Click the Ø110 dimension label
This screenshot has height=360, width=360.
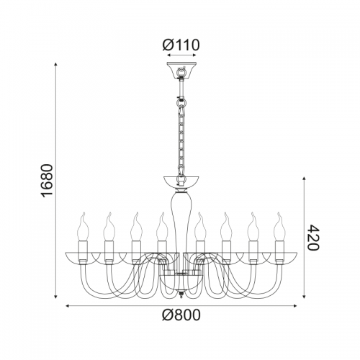tap(181, 45)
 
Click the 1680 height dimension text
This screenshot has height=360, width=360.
tap(47, 181)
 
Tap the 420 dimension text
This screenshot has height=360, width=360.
tap(313, 238)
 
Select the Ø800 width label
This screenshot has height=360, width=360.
tap(181, 315)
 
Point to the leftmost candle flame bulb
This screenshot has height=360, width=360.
tap(84, 226)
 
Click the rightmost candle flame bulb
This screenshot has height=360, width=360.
tap(279, 226)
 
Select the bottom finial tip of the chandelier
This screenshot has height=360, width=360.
tap(181, 294)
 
